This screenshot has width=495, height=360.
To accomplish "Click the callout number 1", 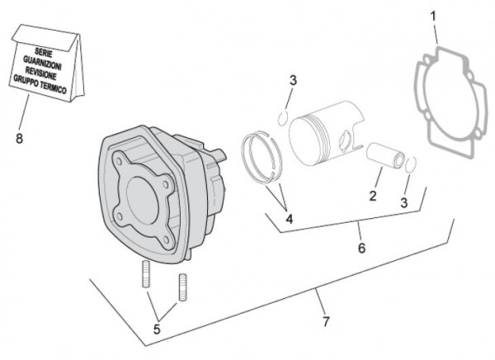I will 434,16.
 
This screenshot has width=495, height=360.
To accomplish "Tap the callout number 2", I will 373,196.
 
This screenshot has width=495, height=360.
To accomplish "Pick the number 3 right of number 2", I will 404,201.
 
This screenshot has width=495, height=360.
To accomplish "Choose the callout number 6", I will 360,247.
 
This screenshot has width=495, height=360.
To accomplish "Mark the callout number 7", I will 325,320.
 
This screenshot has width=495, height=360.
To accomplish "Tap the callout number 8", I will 19,138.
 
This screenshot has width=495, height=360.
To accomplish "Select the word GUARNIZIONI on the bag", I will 46,63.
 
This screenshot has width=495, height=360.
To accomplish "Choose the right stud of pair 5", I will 181,286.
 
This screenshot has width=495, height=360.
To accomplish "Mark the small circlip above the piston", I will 281,117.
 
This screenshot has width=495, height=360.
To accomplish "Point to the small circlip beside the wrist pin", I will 411,164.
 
